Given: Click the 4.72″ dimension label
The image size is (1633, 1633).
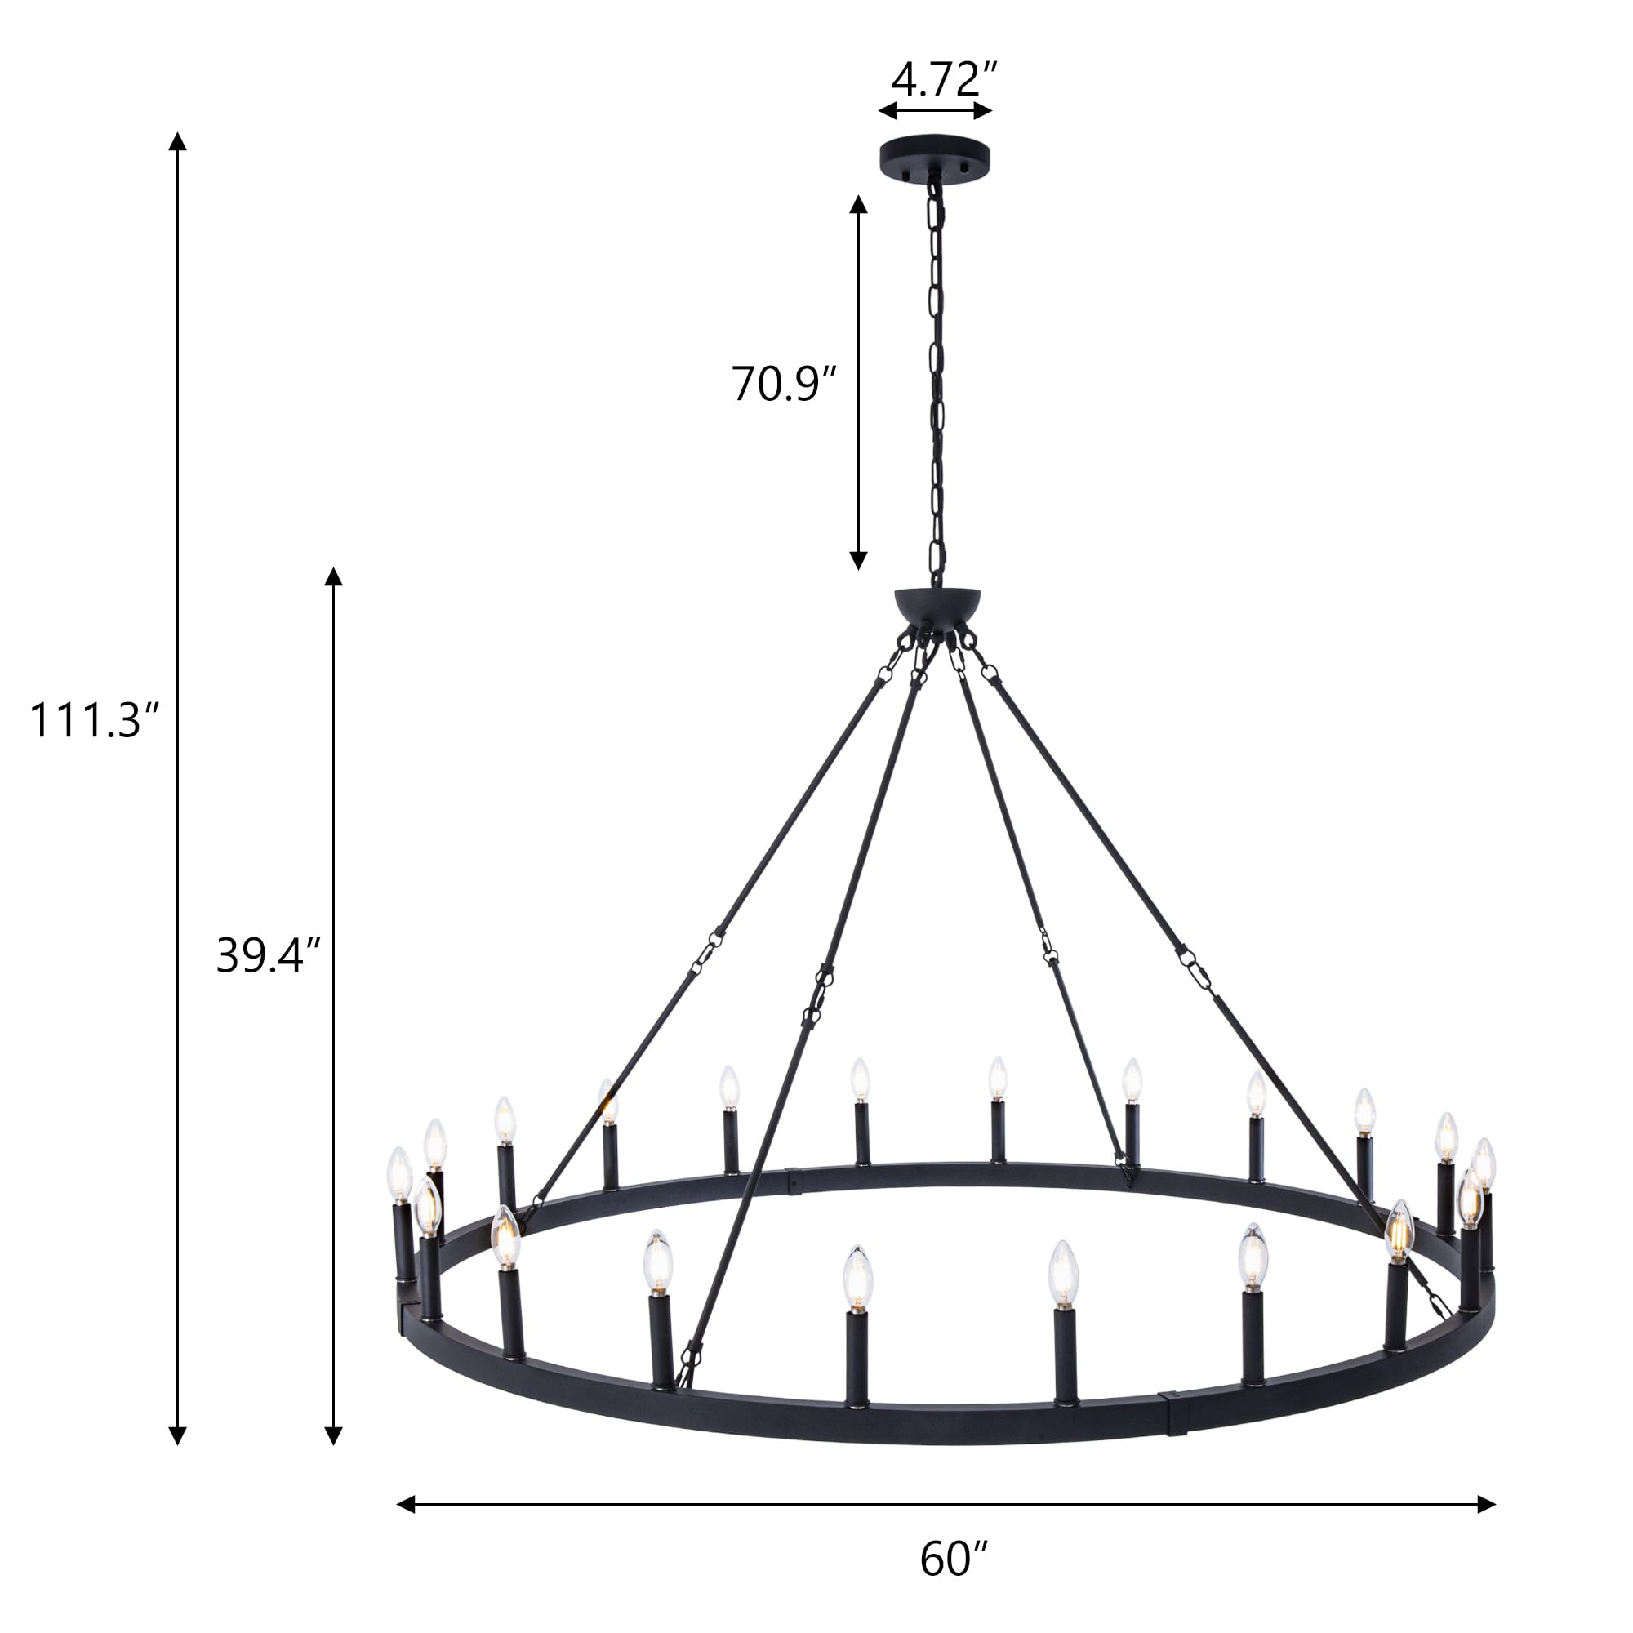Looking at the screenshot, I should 944,80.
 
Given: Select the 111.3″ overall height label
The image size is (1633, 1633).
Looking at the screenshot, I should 93,721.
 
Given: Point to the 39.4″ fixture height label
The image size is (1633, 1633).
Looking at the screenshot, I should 268,956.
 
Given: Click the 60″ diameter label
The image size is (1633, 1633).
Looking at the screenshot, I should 954,1559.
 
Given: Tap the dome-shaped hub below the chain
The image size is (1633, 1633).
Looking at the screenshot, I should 938,603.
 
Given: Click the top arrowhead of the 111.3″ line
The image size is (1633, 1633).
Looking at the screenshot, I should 176,141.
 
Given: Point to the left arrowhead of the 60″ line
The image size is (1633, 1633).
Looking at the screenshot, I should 406,1504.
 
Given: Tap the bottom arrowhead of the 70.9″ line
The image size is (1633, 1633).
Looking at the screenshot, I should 858,559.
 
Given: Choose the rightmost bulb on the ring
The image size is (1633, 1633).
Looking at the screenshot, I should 1484,1163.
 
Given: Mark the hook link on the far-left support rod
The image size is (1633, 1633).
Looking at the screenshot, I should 708,950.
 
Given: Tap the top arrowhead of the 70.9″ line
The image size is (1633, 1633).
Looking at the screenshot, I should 858,206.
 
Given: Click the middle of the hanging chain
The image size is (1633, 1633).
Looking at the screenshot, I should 936,380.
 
